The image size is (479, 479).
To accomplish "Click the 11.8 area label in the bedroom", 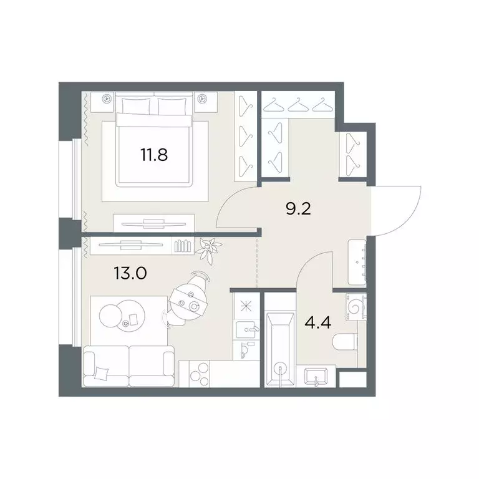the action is (x=154, y=155).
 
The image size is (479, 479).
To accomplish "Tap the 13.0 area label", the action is (x=130, y=273).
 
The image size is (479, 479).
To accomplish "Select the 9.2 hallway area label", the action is (x=299, y=209).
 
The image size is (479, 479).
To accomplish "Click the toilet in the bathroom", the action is (x=344, y=342).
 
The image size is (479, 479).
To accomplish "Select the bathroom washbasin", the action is (x=316, y=376).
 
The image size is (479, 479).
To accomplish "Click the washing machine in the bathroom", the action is (x=356, y=307).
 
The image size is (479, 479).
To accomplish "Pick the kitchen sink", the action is (x=246, y=330).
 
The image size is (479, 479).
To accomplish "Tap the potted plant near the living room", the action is (x=210, y=250).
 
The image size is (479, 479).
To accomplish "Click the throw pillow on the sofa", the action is (x=102, y=373).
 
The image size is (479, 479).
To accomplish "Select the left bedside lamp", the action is (x=106, y=99).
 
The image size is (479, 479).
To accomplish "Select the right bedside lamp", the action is (x=201, y=99).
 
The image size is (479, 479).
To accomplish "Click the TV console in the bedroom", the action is (x=153, y=223).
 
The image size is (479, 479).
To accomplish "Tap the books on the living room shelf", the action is (x=182, y=246).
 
